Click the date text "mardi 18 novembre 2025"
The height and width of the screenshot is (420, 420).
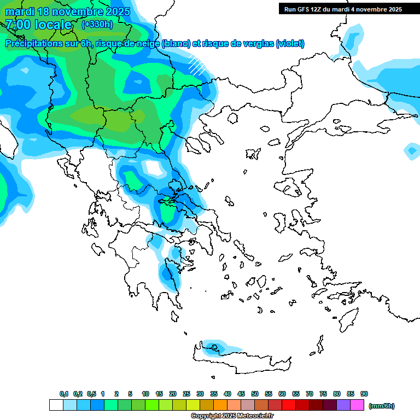[x=67, y=11]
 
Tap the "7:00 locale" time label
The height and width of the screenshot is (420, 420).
[x=38, y=25]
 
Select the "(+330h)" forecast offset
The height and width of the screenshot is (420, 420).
[x=97, y=24]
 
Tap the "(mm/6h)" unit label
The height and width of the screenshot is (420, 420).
[x=381, y=406]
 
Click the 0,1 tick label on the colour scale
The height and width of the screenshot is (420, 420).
[x=63, y=394]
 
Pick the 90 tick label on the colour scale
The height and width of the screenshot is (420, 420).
[x=364, y=394]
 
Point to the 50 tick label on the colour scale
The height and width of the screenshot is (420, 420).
[x=255, y=394]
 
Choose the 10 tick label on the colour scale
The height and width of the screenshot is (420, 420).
[x=145, y=394]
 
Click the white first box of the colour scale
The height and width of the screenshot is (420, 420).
[x=56, y=405]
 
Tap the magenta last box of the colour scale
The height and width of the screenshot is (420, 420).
[x=357, y=405]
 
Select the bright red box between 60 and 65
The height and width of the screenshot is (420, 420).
[x=289, y=405]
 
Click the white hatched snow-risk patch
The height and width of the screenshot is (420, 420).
[x=197, y=65]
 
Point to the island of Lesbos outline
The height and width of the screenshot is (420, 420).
[x=293, y=188]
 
